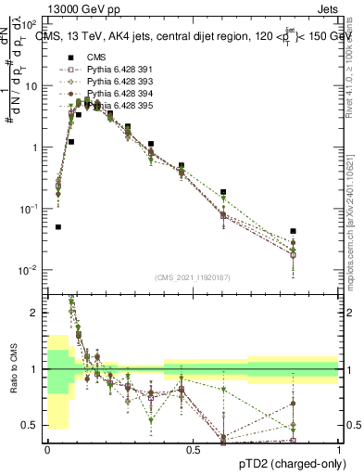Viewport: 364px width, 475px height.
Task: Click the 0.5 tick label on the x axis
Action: [x=193, y=450]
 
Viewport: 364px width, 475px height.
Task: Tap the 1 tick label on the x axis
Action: [x=339, y=450]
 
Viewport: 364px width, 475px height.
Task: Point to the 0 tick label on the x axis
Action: [x=47, y=450]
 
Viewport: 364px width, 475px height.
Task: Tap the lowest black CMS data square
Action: [x=58, y=226]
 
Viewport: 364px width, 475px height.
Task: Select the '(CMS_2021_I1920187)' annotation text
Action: [x=193, y=277]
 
